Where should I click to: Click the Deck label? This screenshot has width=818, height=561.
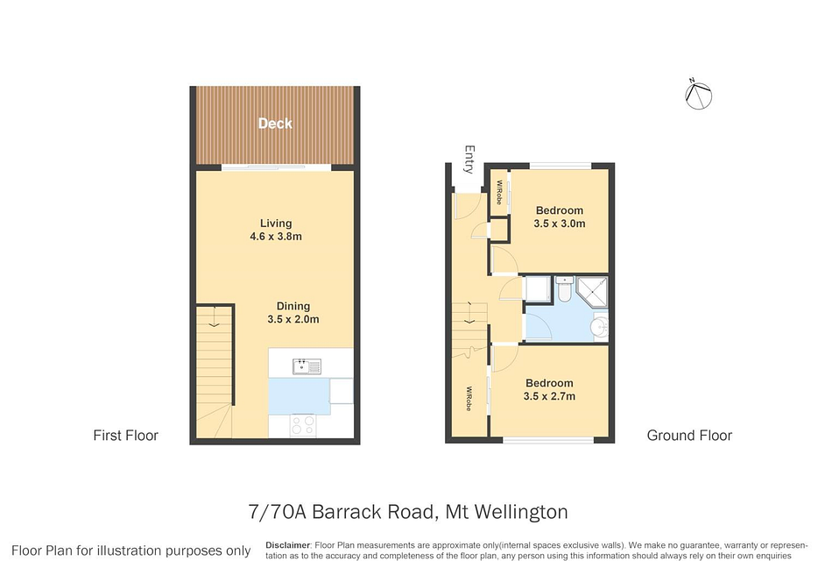pos(275,124)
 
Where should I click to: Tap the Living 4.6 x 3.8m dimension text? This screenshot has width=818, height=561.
pos(276,236)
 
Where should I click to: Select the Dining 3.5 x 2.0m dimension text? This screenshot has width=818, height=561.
pos(293,319)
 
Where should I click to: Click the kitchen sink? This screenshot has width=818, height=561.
pos(307,366)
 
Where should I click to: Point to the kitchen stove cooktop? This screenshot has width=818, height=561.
pos(303,425)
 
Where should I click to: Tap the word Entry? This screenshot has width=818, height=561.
pos(469,160)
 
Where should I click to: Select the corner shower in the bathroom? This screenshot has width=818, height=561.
pos(592,292)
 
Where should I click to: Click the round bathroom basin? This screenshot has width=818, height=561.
pos(599,328)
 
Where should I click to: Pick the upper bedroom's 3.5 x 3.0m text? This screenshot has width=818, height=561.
pos(560,224)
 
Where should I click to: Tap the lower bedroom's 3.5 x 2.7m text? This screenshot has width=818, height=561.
pos(549,396)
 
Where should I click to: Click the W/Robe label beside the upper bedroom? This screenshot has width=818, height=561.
pos(498,193)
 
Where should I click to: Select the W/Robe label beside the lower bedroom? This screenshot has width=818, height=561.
pos(469,399)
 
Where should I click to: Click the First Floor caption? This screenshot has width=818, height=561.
pos(126,435)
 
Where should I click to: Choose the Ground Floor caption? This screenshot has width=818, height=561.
pos(689,435)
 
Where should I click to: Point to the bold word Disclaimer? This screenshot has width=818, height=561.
pos(288,545)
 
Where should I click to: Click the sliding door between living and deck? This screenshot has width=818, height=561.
pos(276,167)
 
